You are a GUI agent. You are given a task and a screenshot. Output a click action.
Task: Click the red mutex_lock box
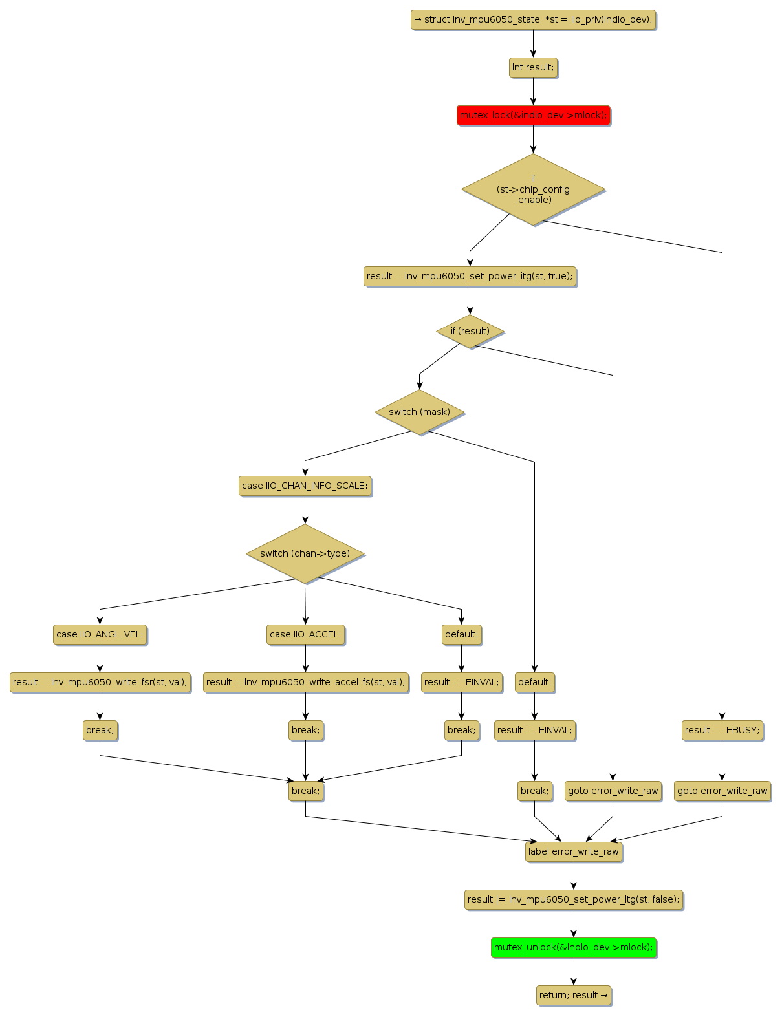pyautogui.click(x=533, y=115)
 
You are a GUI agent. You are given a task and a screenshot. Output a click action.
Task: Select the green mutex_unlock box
pyautogui.click(x=573, y=947)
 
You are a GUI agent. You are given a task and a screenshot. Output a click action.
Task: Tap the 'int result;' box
pyautogui.click(x=533, y=67)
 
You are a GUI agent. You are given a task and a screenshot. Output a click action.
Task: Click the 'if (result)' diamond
pyautogui.click(x=470, y=331)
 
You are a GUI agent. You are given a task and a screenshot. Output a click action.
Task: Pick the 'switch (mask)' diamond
pyautogui.click(x=419, y=412)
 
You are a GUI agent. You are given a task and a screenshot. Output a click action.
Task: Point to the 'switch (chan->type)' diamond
pyautogui.click(x=305, y=553)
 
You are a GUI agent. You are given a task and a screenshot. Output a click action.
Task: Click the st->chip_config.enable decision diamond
pyautogui.click(x=533, y=189)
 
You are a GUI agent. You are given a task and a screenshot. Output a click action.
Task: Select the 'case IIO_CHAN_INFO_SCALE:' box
pyautogui.click(x=305, y=486)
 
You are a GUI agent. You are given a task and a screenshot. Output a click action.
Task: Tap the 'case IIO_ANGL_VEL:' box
pyautogui.click(x=100, y=634)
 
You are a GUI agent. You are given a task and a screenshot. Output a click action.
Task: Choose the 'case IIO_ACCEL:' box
pyautogui.click(x=305, y=634)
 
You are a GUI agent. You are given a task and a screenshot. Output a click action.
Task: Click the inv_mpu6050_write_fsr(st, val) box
pyautogui.click(x=100, y=682)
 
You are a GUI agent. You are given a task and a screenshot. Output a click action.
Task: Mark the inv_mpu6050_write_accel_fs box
pyautogui.click(x=305, y=682)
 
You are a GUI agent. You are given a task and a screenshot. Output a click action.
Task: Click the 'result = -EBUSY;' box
pyautogui.click(x=722, y=730)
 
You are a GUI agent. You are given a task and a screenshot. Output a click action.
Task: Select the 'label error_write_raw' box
pyautogui.click(x=573, y=851)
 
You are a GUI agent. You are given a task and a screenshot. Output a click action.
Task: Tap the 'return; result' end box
pyautogui.click(x=573, y=995)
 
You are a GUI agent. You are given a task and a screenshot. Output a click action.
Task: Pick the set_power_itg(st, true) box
pyautogui.click(x=470, y=276)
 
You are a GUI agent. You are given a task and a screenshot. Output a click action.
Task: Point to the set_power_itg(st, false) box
pyautogui.click(x=573, y=899)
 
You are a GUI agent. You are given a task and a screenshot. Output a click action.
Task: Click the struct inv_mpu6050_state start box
pyautogui.click(x=533, y=19)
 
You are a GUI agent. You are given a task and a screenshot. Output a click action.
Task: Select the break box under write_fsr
pyautogui.click(x=100, y=730)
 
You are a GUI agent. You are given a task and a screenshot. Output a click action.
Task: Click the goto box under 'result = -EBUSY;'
pyautogui.click(x=722, y=791)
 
